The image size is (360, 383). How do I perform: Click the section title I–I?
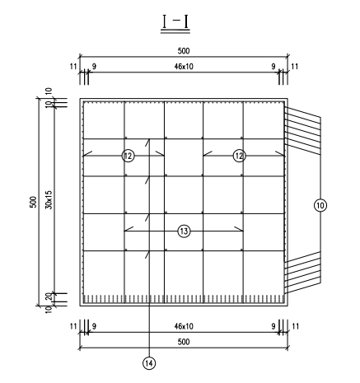point(175,22)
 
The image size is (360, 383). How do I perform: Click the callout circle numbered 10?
point(320,205)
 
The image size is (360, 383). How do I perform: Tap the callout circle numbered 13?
point(184,231)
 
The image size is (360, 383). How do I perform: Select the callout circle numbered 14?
point(149,363)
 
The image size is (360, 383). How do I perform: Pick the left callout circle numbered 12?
point(128,156)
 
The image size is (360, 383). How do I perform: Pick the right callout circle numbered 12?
point(239,156)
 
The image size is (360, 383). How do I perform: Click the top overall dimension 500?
point(184,51)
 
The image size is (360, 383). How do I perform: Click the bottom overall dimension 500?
point(184,342)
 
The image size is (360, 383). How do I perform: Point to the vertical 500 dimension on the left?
point(33,202)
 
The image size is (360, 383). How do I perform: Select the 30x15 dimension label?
point(49,200)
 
